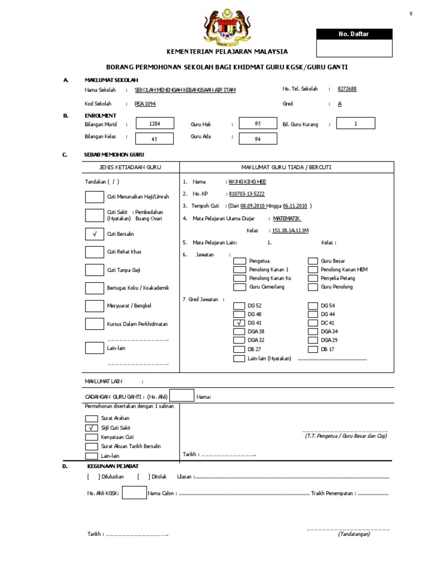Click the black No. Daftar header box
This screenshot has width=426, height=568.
[353, 34]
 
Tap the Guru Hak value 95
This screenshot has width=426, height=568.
[257, 124]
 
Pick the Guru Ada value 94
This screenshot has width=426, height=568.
[257, 139]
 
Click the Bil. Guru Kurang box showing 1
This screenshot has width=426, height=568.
[356, 124]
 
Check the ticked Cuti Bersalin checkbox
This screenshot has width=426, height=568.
[94, 235]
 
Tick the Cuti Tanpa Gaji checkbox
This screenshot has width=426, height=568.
[94, 270]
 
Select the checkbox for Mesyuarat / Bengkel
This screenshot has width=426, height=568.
[94, 306]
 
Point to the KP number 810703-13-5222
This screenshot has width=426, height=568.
[246, 194]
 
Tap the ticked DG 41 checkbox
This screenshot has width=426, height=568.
[239, 322]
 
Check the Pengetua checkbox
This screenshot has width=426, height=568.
[239, 261]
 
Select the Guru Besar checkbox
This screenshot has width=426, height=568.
[312, 261]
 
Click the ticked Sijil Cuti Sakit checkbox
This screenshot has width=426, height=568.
[90, 428]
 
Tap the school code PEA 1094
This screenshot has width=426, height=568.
[146, 104]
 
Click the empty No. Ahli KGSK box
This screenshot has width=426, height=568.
[134, 493]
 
